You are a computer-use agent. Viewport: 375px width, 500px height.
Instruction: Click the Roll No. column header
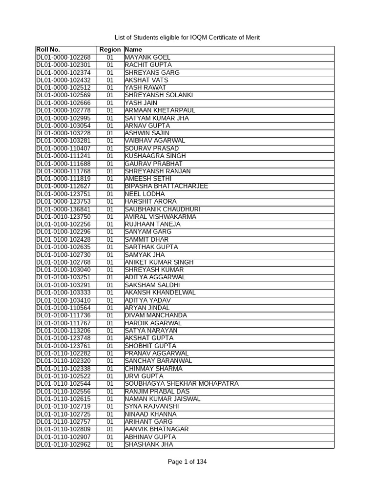coord(48,50)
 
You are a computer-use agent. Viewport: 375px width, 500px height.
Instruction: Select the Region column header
coord(110,50)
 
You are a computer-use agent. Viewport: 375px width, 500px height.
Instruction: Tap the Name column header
coord(133,50)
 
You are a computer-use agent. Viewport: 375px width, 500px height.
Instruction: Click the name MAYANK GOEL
coord(147,57)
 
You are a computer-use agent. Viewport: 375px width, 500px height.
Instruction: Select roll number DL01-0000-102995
coord(63,118)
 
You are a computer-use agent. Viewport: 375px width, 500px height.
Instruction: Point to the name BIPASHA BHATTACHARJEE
coord(166,186)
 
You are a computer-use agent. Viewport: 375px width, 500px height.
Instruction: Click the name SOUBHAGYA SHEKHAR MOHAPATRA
coord(182,384)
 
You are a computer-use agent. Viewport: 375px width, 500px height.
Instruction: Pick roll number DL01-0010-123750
coord(63,217)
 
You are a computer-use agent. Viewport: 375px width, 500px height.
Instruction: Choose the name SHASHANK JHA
coord(148,444)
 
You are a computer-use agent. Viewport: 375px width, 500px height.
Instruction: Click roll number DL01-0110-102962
coord(63,444)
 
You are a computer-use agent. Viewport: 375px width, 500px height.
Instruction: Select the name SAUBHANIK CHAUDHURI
coord(163,209)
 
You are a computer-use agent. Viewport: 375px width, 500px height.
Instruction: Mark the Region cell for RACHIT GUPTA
coord(110,65)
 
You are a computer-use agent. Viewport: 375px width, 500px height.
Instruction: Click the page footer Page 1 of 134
coord(187,462)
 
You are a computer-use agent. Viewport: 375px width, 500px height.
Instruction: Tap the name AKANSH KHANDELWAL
coord(160,292)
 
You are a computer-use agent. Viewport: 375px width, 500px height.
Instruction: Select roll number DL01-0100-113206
coord(63,331)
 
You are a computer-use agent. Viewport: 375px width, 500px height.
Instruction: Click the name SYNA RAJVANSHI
coord(152,406)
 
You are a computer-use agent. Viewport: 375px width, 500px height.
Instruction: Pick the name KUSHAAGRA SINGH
coord(155,156)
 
